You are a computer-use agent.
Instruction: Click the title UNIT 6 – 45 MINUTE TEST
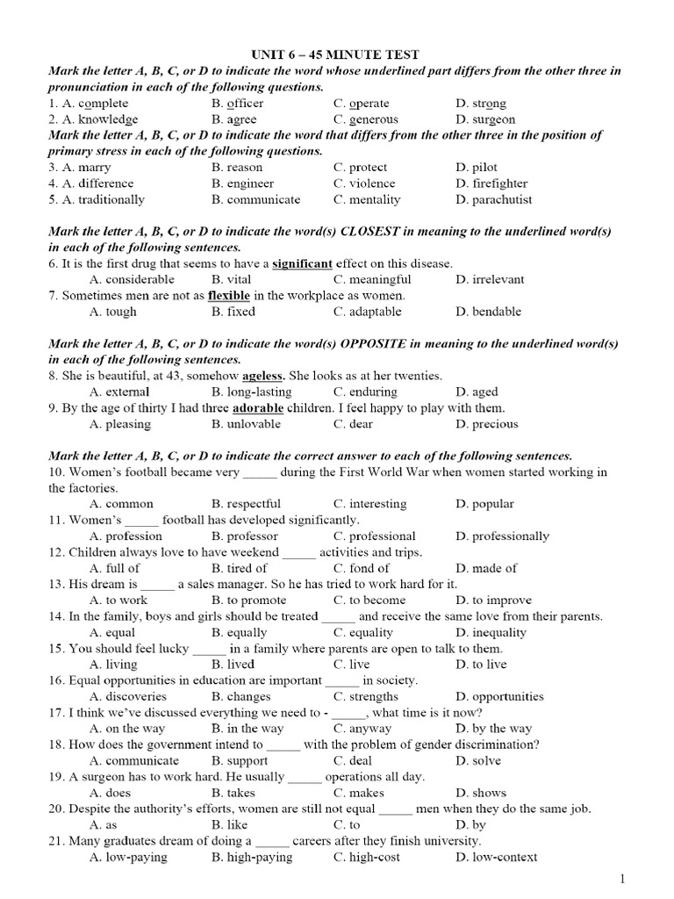[x=336, y=55]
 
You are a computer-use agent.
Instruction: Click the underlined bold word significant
[x=303, y=263]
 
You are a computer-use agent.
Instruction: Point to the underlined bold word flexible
[x=228, y=296]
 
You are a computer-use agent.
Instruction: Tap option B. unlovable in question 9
[x=246, y=424]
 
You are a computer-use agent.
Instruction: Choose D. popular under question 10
[x=484, y=504]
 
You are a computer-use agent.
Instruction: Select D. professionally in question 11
[x=502, y=536]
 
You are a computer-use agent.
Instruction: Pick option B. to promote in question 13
[x=248, y=601]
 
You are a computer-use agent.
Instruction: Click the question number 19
[x=56, y=777]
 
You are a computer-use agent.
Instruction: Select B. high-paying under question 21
[x=252, y=857]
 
